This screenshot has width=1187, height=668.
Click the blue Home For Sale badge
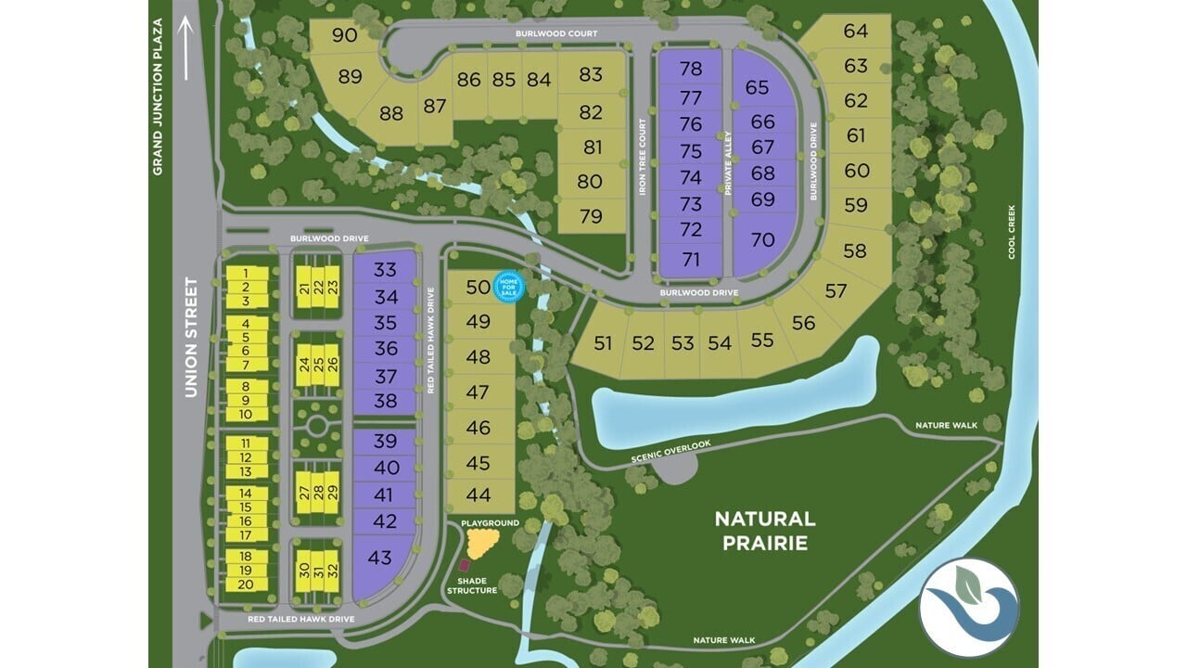pyautogui.click(x=508, y=287)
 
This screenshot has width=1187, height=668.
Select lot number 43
pyautogui.click(x=380, y=558)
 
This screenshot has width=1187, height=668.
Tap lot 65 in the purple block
pyautogui.click(x=757, y=87)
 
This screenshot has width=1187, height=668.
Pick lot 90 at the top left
pyautogui.click(x=344, y=35)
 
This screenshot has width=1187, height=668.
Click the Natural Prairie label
pyautogui.click(x=765, y=531)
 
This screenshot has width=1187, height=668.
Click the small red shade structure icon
pyautogui.click(x=465, y=566)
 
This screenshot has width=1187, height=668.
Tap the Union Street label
pyautogui.click(x=191, y=338)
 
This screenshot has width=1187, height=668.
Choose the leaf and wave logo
pyautogui.click(x=969, y=607)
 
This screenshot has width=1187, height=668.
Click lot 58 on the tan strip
pyautogui.click(x=855, y=250)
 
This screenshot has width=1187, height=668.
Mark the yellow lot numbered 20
pyautogui.click(x=246, y=584)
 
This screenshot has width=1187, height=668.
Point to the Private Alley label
pyautogui.click(x=728, y=160)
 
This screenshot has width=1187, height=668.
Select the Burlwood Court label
pyautogui.click(x=556, y=32)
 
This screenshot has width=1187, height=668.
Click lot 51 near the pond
pyautogui.click(x=604, y=343)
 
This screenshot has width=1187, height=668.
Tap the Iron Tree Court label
pyautogui.click(x=642, y=157)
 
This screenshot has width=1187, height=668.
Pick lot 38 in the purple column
pyautogui.click(x=386, y=401)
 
